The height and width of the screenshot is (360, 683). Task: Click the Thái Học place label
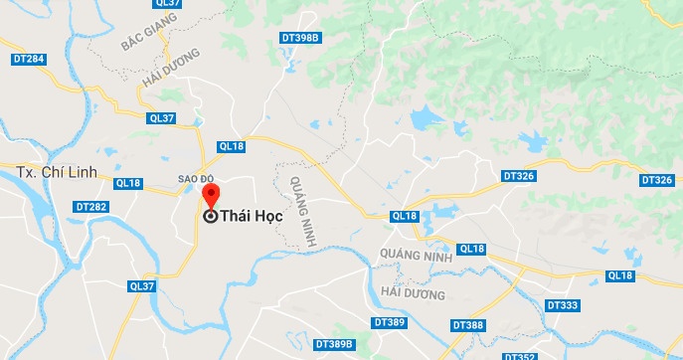coord(251,216)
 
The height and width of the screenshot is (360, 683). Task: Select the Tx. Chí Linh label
coord(57,172)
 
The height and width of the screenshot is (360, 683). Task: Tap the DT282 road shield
coord(90,207)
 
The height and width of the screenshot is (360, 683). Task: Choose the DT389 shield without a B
coord(389,323)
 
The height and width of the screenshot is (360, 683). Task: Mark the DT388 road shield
coord(467,325)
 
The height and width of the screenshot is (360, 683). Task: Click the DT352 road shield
coord(520,355)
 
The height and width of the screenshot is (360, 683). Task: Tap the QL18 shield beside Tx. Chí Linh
coord(128,183)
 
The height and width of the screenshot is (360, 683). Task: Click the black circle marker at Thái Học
coord(211,216)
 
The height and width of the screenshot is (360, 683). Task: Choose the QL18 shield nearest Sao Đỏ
coord(231,146)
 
